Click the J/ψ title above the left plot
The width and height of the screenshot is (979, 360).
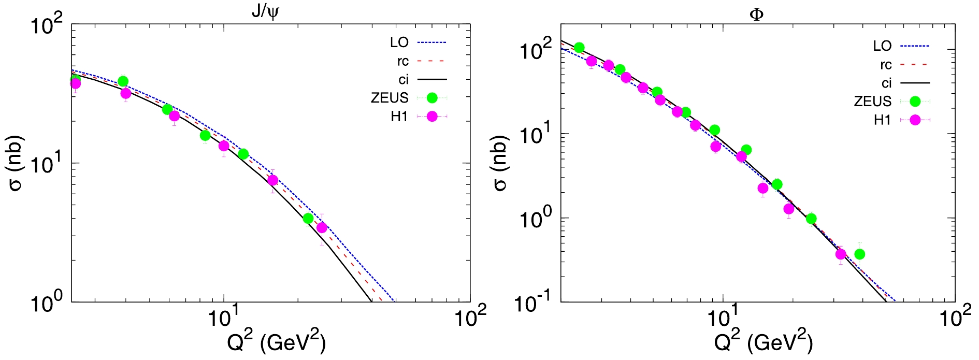click(x=265, y=12)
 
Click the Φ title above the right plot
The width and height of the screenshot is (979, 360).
click(x=756, y=14)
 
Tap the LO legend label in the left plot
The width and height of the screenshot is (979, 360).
click(x=399, y=42)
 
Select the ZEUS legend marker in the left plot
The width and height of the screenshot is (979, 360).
click(x=432, y=97)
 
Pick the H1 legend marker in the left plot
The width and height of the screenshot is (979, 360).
click(x=432, y=117)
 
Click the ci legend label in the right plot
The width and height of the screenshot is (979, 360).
click(x=886, y=83)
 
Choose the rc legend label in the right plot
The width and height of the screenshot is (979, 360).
click(x=886, y=65)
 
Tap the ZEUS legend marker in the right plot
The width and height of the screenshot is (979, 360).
click(x=915, y=101)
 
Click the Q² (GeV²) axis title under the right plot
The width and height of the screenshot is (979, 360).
click(x=763, y=341)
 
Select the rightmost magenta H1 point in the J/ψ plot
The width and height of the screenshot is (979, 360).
click(x=322, y=228)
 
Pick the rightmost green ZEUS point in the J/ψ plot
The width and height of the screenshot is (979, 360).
click(x=308, y=219)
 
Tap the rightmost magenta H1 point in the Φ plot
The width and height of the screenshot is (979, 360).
click(x=841, y=254)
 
